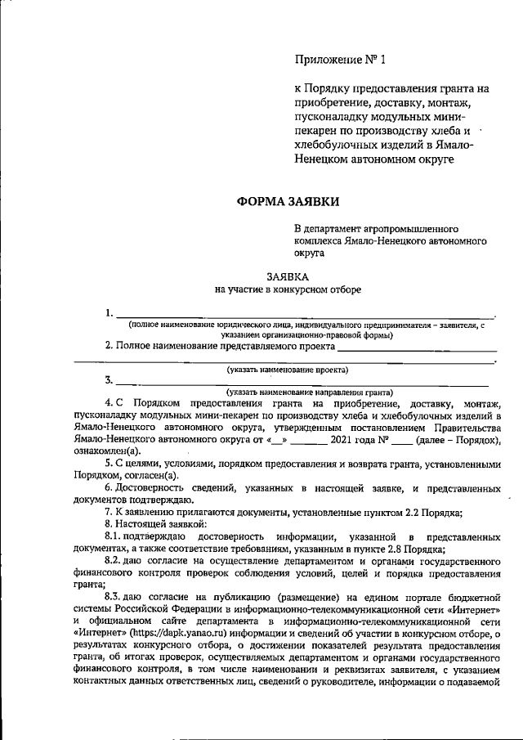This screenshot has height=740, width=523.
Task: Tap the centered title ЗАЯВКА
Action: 288,276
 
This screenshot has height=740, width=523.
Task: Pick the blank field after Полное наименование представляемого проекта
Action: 417,347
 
